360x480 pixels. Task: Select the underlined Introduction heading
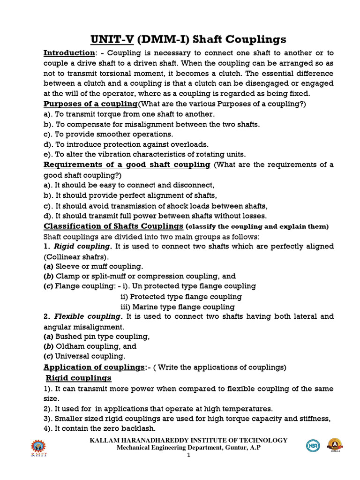(x=69, y=53)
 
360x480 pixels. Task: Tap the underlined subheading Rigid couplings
(x=78, y=378)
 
